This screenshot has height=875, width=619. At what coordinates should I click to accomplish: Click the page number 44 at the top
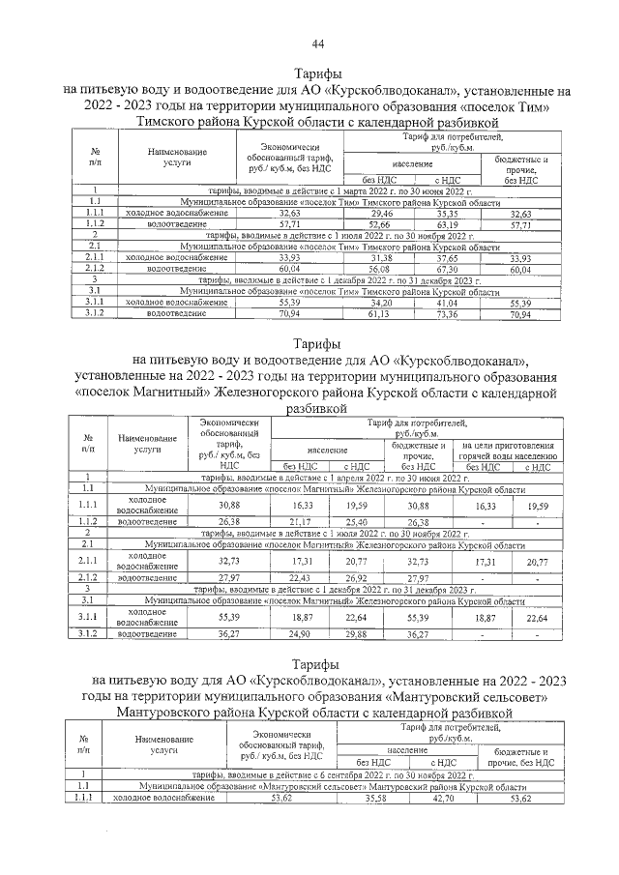[x=317, y=44]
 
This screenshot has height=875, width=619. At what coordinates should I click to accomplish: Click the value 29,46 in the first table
[x=387, y=213]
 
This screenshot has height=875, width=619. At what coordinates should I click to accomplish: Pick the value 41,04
[x=448, y=303]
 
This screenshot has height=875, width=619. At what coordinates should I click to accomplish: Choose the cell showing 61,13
[x=387, y=314]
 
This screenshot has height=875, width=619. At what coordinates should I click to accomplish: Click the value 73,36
[x=448, y=314]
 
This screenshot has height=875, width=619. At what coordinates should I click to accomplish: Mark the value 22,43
[x=301, y=578]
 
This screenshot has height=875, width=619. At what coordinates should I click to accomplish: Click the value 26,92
[x=357, y=578]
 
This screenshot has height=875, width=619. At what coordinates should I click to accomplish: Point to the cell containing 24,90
[x=301, y=634]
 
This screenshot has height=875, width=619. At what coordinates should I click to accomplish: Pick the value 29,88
[x=357, y=634]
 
